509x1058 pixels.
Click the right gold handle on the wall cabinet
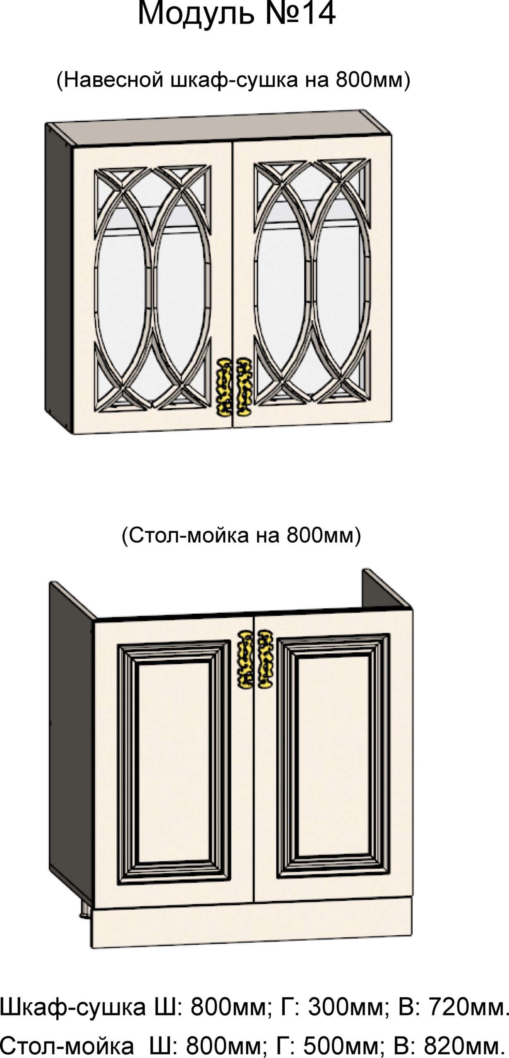tap(244, 386)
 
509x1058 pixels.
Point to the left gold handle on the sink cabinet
tap(245, 659)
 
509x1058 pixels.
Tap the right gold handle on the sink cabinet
tap(265, 659)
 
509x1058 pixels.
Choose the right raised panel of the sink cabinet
tap(333, 758)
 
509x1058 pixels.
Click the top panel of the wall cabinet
tap(219, 128)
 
